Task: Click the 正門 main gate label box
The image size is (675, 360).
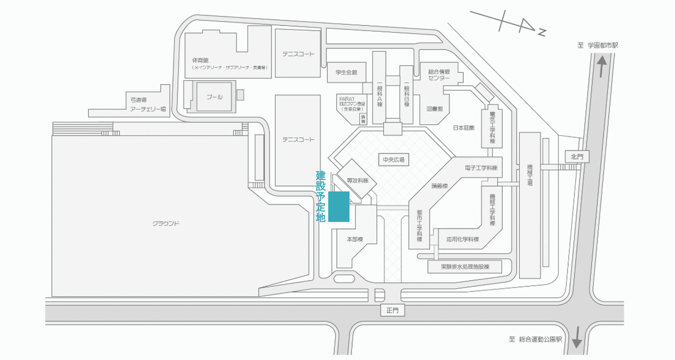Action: tap(392, 310)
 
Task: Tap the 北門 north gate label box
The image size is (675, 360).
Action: tap(577, 157)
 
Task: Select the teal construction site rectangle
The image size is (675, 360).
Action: tap(339, 207)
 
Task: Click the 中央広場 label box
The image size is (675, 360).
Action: tap(393, 160)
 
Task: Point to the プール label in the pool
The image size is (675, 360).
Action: tap(214, 97)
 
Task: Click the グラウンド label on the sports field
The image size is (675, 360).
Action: tap(166, 223)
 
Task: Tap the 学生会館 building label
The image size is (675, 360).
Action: tap(346, 72)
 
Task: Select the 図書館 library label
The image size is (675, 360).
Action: tap(435, 109)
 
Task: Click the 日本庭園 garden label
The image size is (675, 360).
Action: tap(464, 128)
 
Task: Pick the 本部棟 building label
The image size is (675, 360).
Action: tap(355, 239)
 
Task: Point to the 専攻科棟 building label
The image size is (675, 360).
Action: tap(358, 181)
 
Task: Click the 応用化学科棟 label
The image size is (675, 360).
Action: tap(462, 239)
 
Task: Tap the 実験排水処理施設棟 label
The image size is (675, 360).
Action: tap(465, 267)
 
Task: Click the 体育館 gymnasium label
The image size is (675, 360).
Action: tap(200, 60)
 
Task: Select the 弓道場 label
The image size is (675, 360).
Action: tap(138, 100)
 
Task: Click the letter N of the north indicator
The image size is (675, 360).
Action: tap(542, 33)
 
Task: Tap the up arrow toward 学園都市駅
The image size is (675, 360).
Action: tap(602, 66)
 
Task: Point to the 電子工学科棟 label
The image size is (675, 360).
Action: tap(481, 168)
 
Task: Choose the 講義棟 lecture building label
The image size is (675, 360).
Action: tap(440, 186)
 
